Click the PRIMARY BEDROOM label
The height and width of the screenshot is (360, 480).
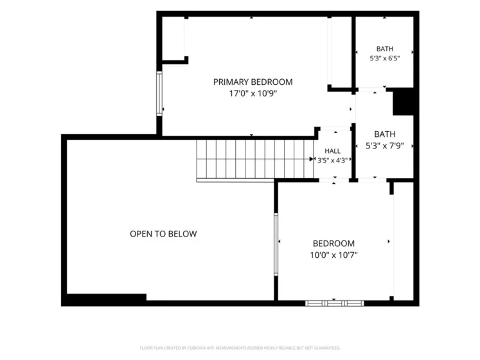(x=253, y=82)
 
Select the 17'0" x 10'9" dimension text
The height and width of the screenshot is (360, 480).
(x=253, y=93)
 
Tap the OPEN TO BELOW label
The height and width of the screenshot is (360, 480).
(x=163, y=234)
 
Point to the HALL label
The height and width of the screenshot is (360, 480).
(x=332, y=150)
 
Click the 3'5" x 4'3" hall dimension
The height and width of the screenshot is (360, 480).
(x=332, y=160)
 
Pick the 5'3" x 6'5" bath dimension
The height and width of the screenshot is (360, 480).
(x=385, y=59)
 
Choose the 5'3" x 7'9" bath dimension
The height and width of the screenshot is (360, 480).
(x=385, y=145)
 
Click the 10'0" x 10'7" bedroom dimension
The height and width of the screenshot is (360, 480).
(x=333, y=255)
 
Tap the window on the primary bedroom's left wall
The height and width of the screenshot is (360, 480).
(x=159, y=93)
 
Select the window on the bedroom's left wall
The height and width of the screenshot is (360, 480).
(x=276, y=244)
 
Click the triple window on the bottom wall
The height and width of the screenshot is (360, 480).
(x=335, y=303)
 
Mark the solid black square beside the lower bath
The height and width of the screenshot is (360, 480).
(x=403, y=102)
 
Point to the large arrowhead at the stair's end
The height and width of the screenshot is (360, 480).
(x=312, y=159)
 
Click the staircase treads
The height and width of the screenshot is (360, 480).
(x=255, y=159)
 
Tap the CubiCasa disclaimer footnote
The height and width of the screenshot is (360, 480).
(x=240, y=348)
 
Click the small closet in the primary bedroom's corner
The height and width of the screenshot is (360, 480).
(x=173, y=39)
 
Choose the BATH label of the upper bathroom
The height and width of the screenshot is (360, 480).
(x=385, y=49)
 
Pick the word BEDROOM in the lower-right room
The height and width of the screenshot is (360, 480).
(x=333, y=243)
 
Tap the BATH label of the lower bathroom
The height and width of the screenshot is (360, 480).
(x=385, y=134)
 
